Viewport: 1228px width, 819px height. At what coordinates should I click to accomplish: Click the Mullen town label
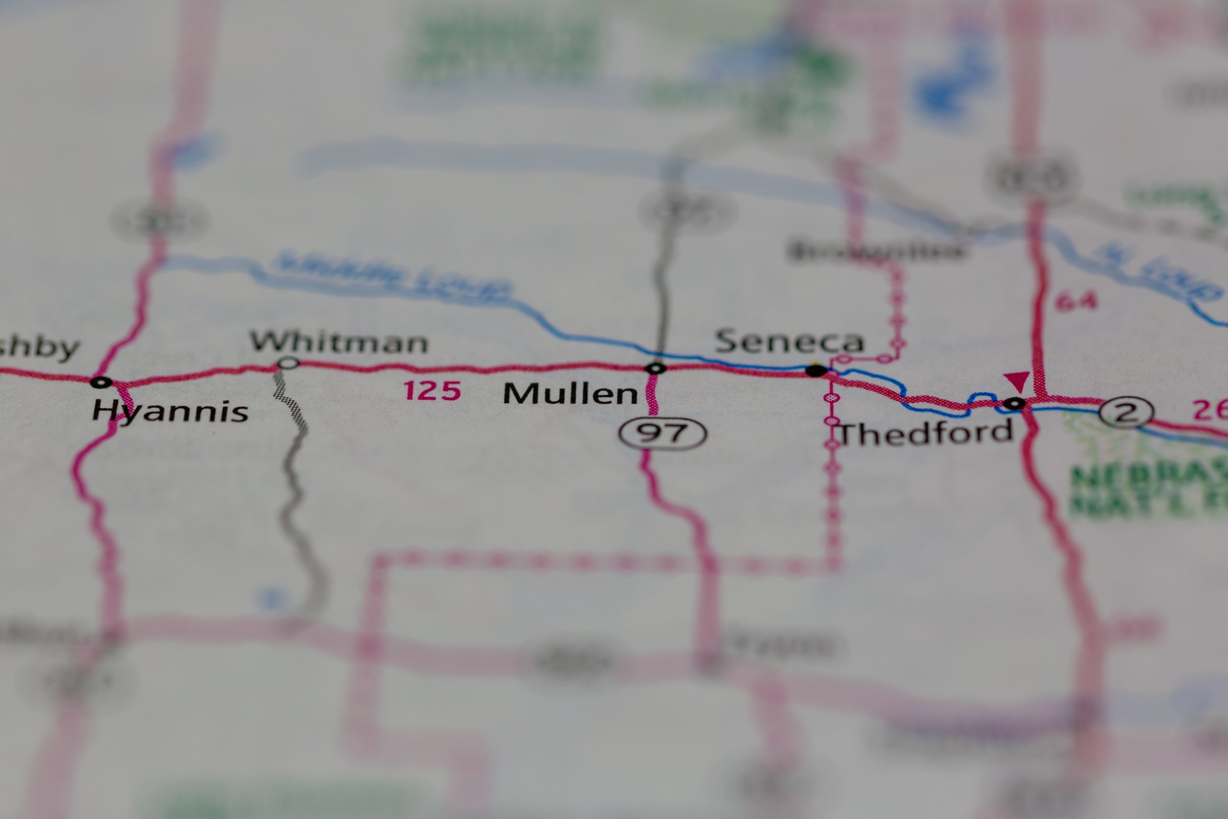point(570,394)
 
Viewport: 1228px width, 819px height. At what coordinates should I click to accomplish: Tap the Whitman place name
point(339,343)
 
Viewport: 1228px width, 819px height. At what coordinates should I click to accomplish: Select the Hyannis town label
point(170,412)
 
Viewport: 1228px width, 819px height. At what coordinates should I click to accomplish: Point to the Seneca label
point(790,342)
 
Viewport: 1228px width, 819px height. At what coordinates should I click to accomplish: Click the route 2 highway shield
point(1126,413)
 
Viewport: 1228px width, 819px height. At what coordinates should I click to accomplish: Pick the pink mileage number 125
point(433,391)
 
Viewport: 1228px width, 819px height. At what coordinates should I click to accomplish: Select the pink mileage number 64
point(1075,302)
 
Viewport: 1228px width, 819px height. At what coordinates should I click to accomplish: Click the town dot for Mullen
point(656,368)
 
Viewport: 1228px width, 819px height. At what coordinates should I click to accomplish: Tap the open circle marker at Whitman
point(288,363)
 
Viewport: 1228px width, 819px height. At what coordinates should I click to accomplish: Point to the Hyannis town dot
point(101,382)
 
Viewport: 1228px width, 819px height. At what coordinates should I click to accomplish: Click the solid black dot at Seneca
point(816,371)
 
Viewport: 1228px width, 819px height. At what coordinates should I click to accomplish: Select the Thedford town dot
point(1015,403)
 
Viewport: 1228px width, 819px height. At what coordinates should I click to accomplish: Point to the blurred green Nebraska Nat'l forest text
point(1149,491)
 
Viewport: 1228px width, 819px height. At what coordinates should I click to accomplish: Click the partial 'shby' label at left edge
point(39,348)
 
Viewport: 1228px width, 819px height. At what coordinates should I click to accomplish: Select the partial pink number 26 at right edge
point(1211,410)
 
